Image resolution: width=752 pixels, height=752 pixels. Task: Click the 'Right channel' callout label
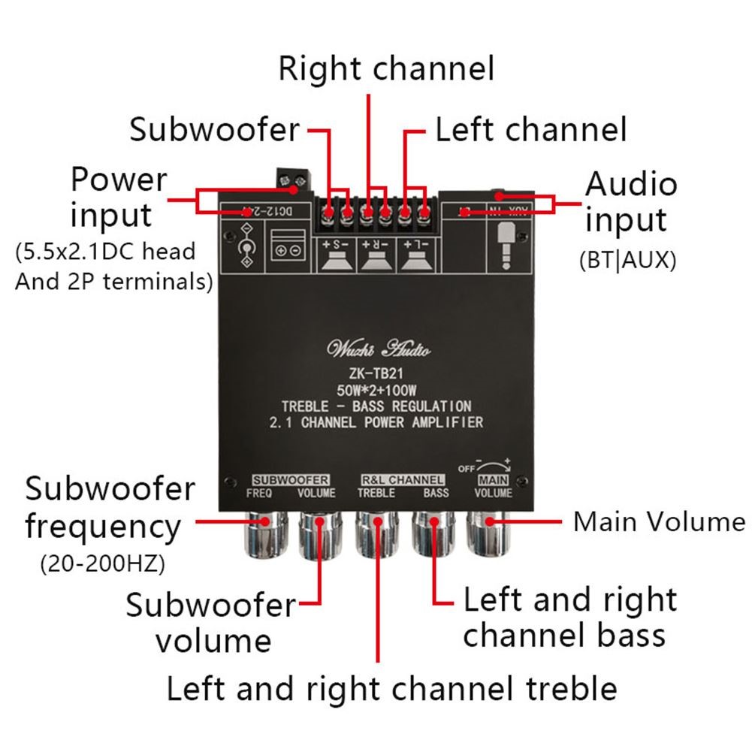tap(386, 69)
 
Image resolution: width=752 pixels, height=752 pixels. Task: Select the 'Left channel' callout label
tap(530, 129)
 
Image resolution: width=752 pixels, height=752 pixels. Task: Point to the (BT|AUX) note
tap(628, 260)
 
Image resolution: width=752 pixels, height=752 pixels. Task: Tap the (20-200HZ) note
tap(102, 562)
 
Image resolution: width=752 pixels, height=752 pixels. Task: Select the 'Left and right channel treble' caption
tap(391, 688)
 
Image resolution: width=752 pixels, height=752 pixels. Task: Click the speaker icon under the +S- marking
tap(337, 260)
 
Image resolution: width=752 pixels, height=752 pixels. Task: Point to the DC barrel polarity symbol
tap(243, 248)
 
